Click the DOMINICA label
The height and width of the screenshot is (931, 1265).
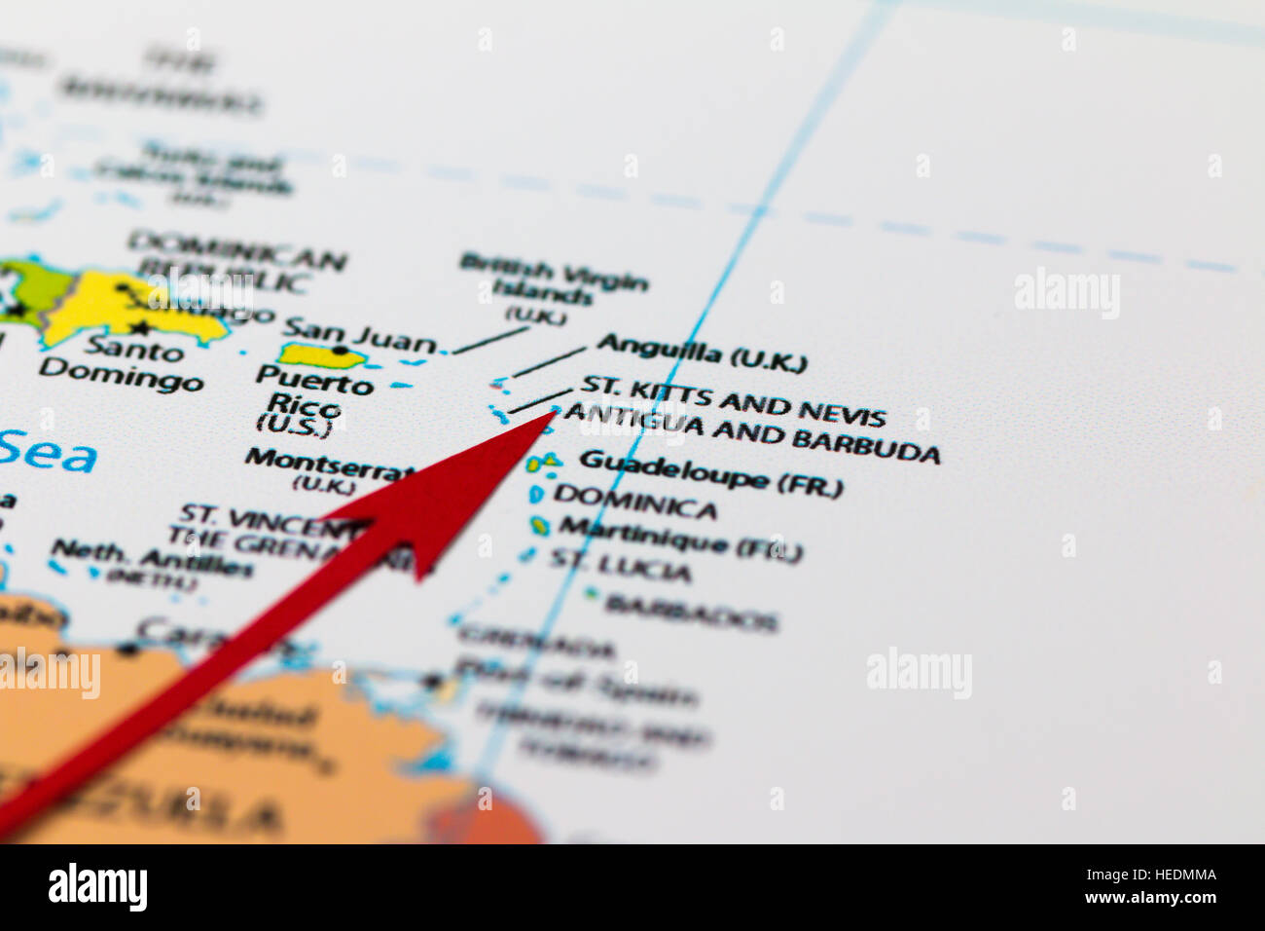point(635,503)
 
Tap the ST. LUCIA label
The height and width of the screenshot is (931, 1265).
point(621,565)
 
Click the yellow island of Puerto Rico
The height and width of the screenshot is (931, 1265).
point(321,355)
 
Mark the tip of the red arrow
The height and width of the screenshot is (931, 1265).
point(555,413)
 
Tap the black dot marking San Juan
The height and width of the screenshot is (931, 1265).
point(339,350)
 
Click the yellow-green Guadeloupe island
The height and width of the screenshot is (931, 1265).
point(545,462)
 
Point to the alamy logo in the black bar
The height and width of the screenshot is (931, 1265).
point(97,887)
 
